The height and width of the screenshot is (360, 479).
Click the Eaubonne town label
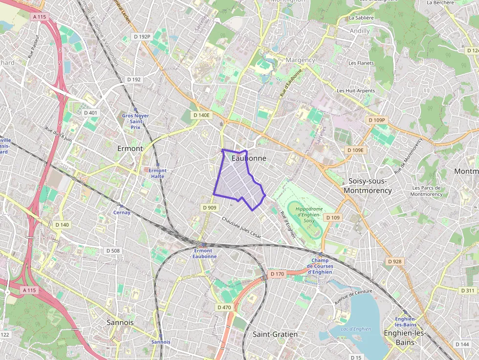[249, 158]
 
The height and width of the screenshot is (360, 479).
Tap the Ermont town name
[130, 148]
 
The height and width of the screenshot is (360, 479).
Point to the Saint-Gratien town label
[275, 335]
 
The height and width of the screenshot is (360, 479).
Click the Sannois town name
[120, 322]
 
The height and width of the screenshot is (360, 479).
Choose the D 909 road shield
[209, 208]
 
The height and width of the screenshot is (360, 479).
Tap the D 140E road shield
[201, 115]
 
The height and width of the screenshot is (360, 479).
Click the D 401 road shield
[91, 113]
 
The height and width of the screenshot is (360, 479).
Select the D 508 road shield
[112, 251]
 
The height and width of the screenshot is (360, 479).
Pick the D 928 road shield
[394, 261]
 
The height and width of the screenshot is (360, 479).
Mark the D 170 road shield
[277, 274]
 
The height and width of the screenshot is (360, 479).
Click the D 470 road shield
[223, 307]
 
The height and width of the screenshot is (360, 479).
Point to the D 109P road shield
[377, 120]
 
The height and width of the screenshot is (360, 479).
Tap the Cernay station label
[122, 212]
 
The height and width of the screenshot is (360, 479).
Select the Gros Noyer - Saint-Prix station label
[135, 121]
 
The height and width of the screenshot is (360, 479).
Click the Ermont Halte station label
[157, 173]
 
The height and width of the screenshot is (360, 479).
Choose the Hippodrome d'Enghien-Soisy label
[308, 214]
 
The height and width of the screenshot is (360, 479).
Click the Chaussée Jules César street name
[241, 228]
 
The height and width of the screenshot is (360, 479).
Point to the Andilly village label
[360, 31]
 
